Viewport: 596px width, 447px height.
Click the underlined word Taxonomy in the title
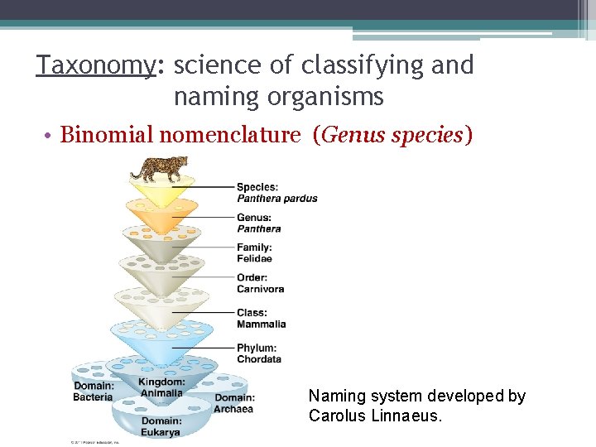[x=95, y=65]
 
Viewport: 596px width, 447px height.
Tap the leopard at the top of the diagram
[x=160, y=168]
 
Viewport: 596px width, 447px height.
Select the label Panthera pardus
[x=276, y=199]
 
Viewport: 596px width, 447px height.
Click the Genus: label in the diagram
[x=253, y=218]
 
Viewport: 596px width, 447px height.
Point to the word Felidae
[x=254, y=259]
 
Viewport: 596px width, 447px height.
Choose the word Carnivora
[x=260, y=290]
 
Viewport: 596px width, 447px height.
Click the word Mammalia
[x=261, y=324]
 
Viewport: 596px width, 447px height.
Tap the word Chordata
[x=259, y=359]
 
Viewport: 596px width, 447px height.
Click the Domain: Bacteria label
[x=94, y=392]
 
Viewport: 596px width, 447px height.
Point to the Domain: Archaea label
[x=234, y=403]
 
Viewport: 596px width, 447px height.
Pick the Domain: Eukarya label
[x=161, y=427]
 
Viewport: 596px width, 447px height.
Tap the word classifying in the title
[x=363, y=65]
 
